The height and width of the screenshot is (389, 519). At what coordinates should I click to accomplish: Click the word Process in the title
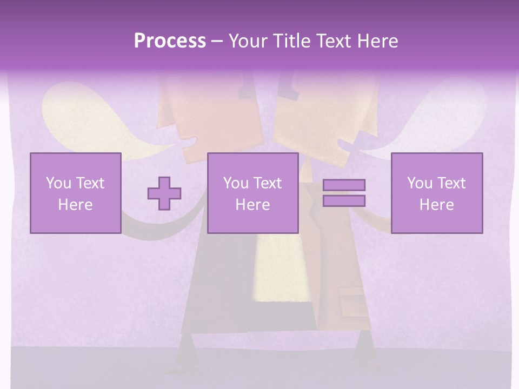point(170,41)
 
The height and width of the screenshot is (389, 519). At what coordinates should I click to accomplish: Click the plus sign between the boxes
point(164,193)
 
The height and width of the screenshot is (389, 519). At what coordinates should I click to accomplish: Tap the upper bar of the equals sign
point(344,185)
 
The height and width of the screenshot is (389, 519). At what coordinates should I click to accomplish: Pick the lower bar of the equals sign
point(344,201)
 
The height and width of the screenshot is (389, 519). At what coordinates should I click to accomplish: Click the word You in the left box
point(58,183)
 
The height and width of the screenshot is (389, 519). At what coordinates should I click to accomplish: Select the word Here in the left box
point(75,205)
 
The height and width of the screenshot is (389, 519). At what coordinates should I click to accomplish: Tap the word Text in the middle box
point(267,183)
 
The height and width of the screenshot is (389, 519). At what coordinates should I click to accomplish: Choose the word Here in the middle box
point(252,205)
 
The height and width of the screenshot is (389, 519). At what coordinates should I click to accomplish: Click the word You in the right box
point(420,183)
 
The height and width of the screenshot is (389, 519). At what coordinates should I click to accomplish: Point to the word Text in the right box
point(451,183)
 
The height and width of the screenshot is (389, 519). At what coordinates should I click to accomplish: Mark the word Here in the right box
point(436,205)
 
